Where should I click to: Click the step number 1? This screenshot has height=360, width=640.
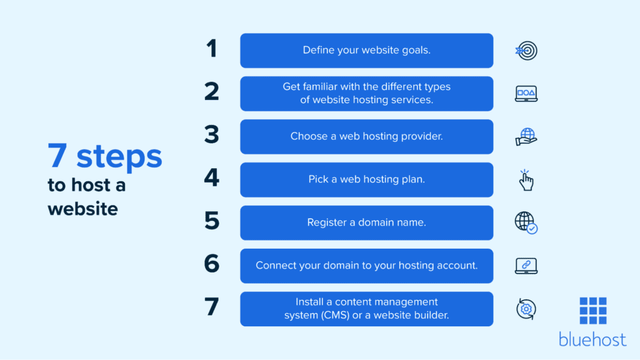click(211, 49)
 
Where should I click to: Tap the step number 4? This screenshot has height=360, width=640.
click(211, 179)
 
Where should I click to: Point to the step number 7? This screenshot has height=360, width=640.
click(211, 308)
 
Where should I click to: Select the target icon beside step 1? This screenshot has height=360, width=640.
click(526, 51)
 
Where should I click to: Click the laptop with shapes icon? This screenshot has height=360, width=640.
click(526, 94)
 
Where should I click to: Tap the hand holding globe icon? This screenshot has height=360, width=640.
click(526, 137)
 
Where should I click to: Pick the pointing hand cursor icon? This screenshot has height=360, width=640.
click(526, 180)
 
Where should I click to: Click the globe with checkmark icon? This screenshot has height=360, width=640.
click(526, 222)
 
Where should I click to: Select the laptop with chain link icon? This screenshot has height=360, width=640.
click(526, 266)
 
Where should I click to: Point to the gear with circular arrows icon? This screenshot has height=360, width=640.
click(526, 309)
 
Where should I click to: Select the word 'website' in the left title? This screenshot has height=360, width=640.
click(82, 207)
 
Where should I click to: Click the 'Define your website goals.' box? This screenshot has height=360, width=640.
click(366, 51)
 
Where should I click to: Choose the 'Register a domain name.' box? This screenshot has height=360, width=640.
click(366, 222)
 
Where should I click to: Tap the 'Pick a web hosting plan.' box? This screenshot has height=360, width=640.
click(366, 179)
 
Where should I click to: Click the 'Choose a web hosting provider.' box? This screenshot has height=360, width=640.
click(366, 136)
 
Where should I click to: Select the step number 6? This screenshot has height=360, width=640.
click(211, 265)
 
